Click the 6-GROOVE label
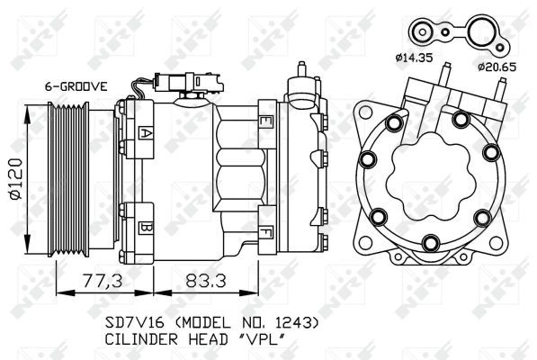[76, 86]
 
